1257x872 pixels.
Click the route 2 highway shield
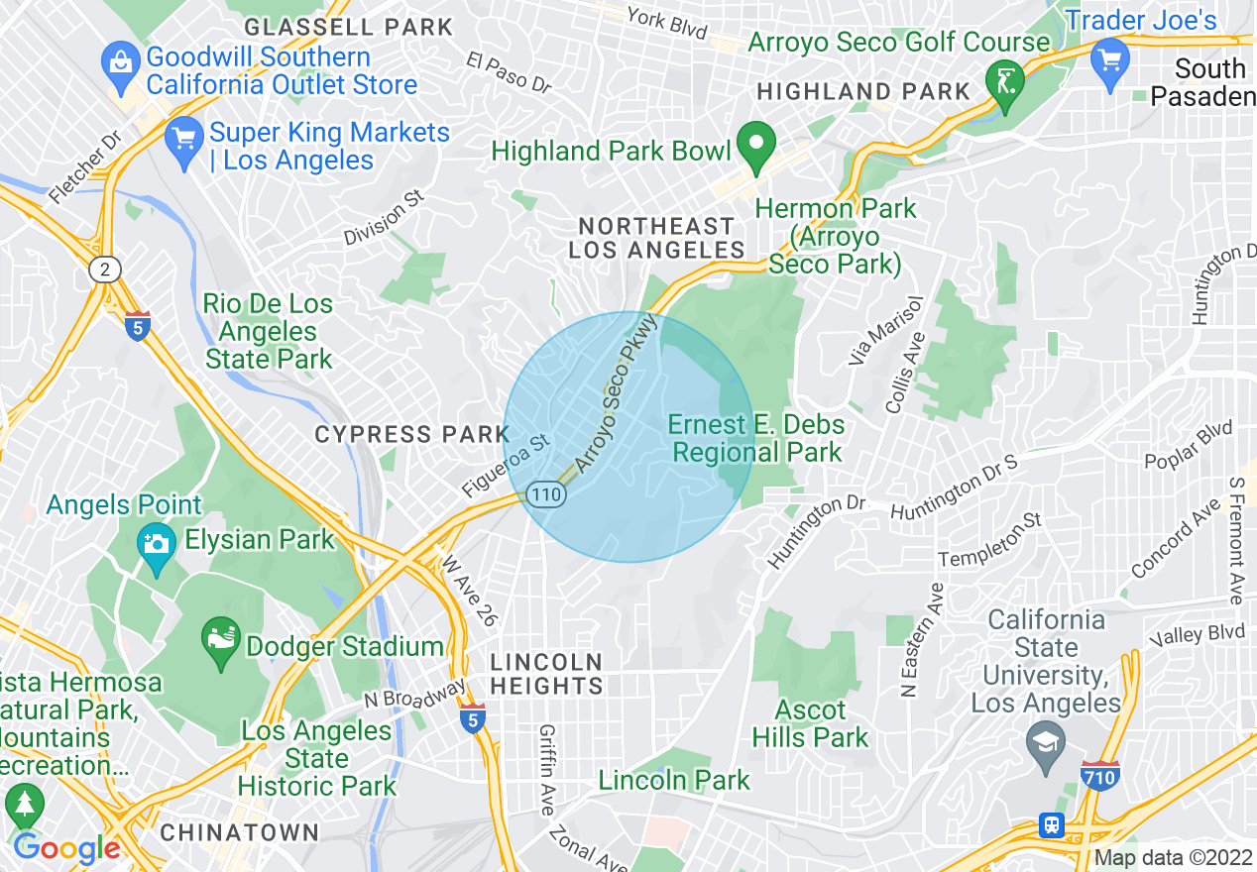tap(104, 269)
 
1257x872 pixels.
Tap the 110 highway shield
tap(545, 493)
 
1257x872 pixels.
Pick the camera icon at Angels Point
tap(156, 545)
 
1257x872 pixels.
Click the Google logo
tap(65, 848)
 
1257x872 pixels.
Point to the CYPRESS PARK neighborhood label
tap(411, 434)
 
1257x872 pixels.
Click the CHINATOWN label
tap(240, 832)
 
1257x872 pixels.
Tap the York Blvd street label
tap(666, 23)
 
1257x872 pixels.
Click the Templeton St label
tap(990, 540)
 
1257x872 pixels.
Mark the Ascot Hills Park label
tap(810, 723)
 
